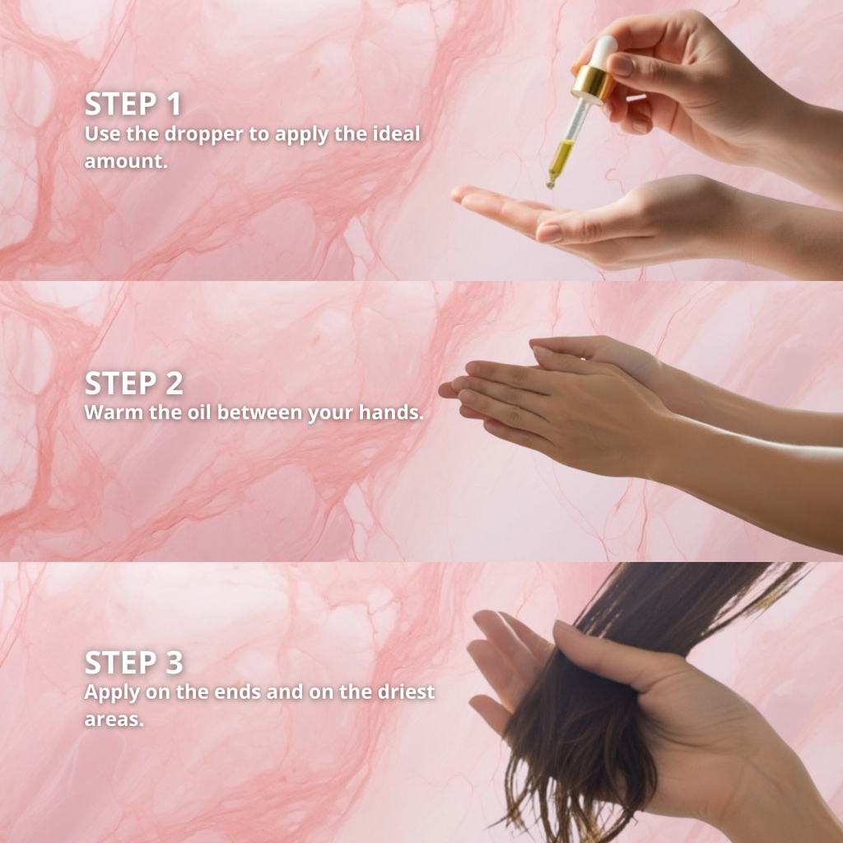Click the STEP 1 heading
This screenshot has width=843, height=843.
[133, 104]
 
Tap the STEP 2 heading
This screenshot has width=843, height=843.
[133, 384]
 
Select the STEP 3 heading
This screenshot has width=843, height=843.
[133, 663]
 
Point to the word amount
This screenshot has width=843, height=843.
[126, 161]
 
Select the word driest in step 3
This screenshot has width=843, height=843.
[406, 692]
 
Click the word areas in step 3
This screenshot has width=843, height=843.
[114, 720]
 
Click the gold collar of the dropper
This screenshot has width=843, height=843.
[592, 82]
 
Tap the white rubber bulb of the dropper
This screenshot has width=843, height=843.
[604, 50]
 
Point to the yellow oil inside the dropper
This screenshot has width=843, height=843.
[561, 156]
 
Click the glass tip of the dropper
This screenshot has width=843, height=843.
[551, 181]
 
